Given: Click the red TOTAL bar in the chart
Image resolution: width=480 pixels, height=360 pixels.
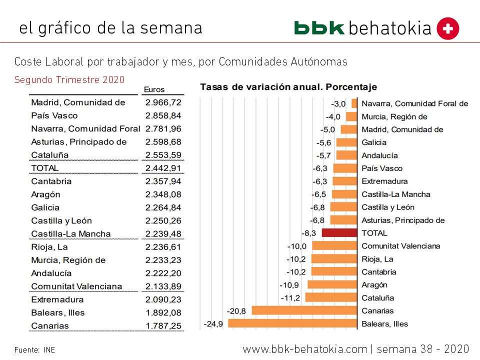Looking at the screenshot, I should tap(339, 233).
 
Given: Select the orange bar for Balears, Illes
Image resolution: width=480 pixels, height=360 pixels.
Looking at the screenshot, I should tap(293, 323).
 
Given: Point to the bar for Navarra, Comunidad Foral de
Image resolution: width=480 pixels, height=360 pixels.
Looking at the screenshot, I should tap(354, 103).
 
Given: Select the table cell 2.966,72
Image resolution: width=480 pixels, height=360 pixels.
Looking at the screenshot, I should tap(163, 102).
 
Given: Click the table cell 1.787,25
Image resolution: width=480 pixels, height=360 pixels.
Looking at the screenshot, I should tap(163, 326).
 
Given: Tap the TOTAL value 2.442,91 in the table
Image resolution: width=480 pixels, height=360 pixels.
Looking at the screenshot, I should tap(163, 168).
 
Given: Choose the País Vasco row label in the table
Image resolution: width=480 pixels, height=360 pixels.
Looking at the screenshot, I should tap(54, 115).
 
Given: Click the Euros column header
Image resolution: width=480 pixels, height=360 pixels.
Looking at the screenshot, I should tap(154, 90).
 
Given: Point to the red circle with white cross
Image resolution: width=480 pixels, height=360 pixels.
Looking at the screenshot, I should tap(447, 28).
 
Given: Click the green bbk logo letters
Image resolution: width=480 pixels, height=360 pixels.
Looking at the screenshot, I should tap(319, 28).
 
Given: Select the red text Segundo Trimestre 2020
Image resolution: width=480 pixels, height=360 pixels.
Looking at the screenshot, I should tap(69, 79).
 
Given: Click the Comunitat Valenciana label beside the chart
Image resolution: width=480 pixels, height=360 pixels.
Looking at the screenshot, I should tap(400, 246).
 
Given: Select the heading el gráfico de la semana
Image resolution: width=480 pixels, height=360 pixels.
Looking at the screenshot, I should tap(110, 27).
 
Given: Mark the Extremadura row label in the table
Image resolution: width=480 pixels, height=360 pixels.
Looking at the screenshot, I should tap(57, 299).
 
